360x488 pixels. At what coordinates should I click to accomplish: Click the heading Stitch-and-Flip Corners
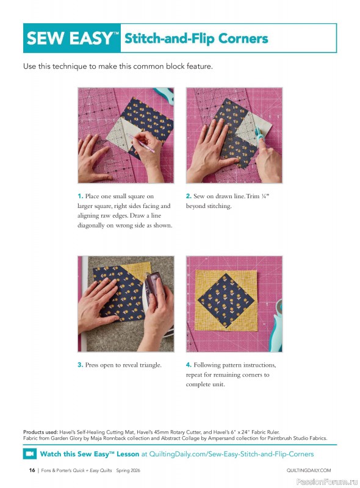(x=196, y=38)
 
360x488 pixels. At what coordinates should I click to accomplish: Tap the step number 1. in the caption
(x=81, y=196)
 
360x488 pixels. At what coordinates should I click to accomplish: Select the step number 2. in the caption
(x=189, y=196)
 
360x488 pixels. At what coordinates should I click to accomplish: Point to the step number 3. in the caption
(x=81, y=365)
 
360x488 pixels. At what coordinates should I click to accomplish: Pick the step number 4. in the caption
(x=189, y=365)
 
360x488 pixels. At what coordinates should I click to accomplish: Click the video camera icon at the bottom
(x=29, y=454)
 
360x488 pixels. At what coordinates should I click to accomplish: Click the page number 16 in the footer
(x=32, y=470)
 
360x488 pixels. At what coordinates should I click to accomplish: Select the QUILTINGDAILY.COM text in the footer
(x=308, y=470)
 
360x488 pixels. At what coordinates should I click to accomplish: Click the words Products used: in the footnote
(x=41, y=431)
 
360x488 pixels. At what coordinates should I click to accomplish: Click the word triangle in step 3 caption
(x=149, y=365)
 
